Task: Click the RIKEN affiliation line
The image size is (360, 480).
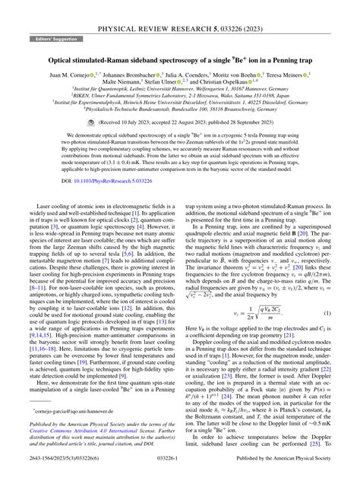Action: pyautogui.click(x=180, y=101)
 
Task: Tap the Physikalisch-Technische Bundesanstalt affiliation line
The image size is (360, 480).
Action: pyautogui.click(x=180, y=116)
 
